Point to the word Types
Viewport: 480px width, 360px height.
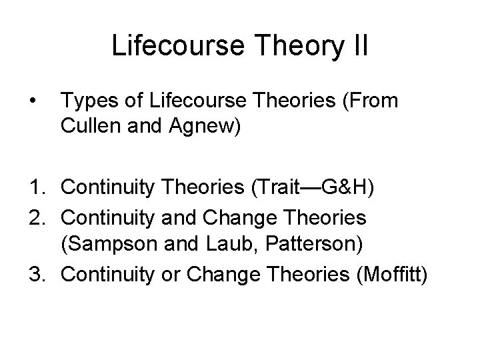pos(86,103)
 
